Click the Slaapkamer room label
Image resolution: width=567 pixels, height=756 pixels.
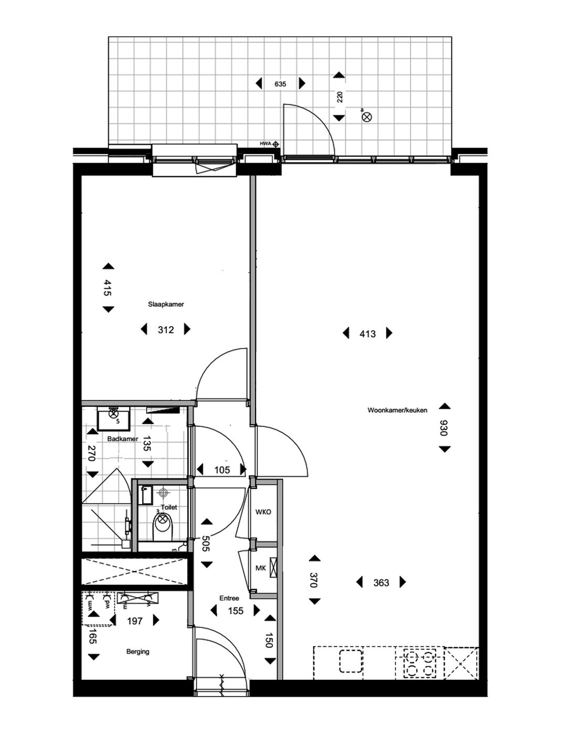pyautogui.click(x=166, y=304)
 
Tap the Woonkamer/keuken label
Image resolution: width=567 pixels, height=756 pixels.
pyautogui.click(x=397, y=410)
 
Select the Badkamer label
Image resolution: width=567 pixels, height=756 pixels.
pyautogui.click(x=122, y=439)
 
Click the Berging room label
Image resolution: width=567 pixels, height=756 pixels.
pyautogui.click(x=138, y=652)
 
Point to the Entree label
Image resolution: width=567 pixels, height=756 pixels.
pyautogui.click(x=229, y=598)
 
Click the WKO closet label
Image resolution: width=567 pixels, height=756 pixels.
pyautogui.click(x=263, y=512)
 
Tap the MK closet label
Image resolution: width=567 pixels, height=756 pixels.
pyautogui.click(x=260, y=568)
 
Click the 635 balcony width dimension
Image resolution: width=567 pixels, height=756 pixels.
pyautogui.click(x=280, y=84)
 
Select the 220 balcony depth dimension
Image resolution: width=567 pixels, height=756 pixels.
pyautogui.click(x=340, y=97)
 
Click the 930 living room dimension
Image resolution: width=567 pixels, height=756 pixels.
pyautogui.click(x=444, y=428)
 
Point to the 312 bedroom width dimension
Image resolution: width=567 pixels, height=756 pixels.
pyautogui.click(x=166, y=330)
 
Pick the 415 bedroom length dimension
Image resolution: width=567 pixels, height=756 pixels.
pyautogui.click(x=108, y=288)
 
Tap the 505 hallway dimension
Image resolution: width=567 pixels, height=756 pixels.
pyautogui.click(x=206, y=543)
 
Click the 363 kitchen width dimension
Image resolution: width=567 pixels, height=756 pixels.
pyautogui.click(x=381, y=583)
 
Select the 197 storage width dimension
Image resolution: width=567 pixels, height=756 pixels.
pyautogui.click(x=135, y=621)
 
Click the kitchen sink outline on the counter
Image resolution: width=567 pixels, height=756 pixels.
pyautogui.click(x=351, y=660)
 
